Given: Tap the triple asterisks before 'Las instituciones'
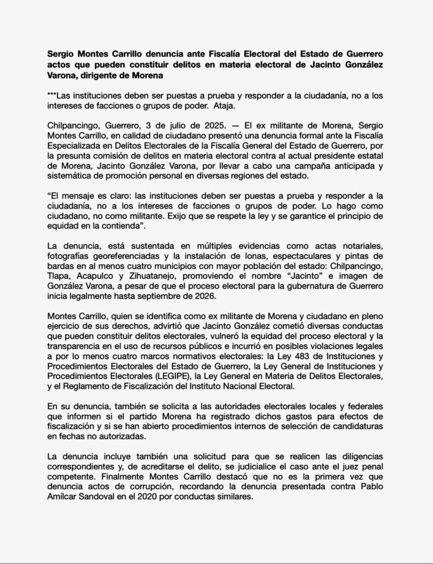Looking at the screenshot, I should [50, 95].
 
